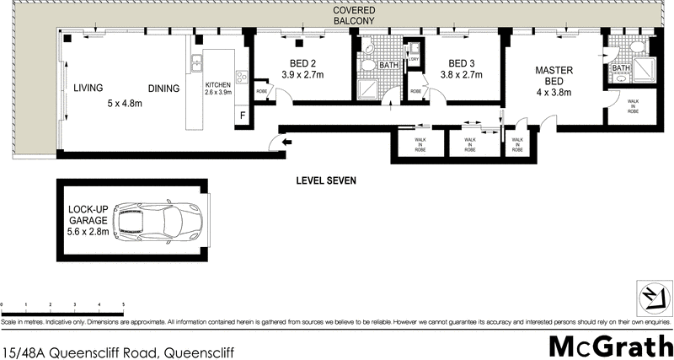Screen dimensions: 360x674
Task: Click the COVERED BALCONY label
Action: (354, 14)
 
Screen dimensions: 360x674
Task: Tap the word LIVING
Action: (88, 89)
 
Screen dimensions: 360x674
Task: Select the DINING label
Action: (163, 89)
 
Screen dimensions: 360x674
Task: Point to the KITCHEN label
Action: (218, 89)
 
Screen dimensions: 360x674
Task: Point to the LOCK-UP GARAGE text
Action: (88, 221)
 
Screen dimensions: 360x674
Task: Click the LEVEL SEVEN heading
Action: (327, 180)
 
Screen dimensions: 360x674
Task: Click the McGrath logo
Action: (609, 345)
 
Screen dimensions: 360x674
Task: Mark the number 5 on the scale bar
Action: (124, 303)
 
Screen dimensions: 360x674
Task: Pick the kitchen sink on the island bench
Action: (195, 62)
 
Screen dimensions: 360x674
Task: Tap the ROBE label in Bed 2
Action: (262, 91)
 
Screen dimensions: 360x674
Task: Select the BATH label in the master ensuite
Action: (621, 68)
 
